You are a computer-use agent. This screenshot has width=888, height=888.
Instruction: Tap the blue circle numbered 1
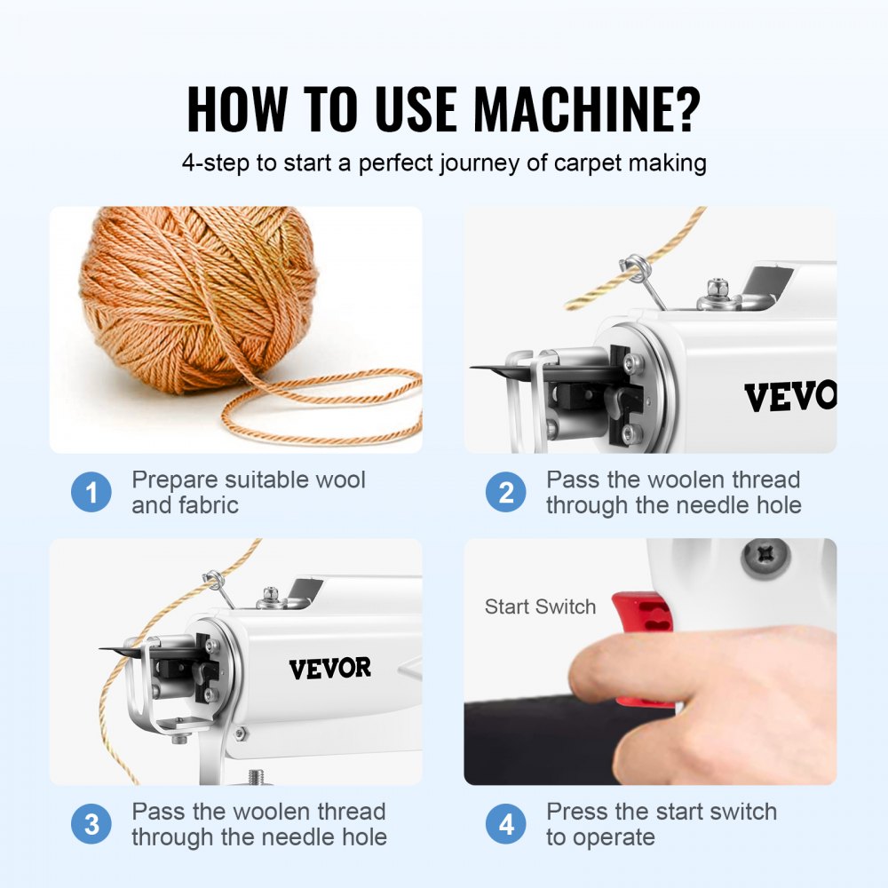pyautogui.click(x=91, y=493)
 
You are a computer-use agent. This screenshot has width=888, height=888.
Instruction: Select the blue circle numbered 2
pyautogui.click(x=506, y=493)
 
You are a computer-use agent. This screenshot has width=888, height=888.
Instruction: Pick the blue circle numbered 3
pyautogui.click(x=91, y=825)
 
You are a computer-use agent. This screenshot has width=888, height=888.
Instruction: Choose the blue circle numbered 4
pyautogui.click(x=506, y=825)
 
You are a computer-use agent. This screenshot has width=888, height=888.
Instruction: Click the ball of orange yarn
pyautogui.click(x=200, y=297)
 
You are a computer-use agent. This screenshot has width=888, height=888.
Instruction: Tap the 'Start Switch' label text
pyautogui.click(x=540, y=607)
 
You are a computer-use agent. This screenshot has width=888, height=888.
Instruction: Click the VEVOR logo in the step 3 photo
pyautogui.click(x=329, y=669)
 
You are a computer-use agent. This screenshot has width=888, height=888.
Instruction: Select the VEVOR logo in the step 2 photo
pyautogui.click(x=789, y=397)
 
